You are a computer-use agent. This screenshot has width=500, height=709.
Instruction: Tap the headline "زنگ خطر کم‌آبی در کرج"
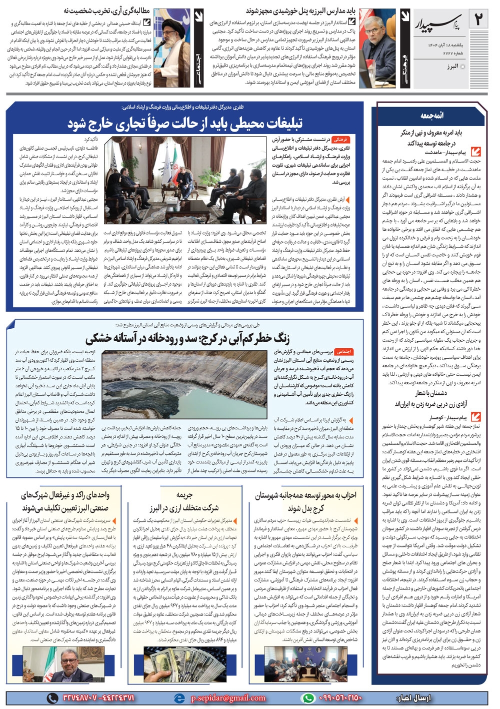(187, 338)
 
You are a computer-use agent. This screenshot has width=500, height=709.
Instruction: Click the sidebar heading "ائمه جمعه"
(432, 116)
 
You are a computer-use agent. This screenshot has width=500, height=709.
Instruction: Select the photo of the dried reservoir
(184, 384)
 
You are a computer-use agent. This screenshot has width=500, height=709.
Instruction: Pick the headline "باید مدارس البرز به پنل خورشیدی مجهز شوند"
(300, 11)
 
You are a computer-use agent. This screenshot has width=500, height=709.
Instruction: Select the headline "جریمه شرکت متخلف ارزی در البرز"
(184, 501)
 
